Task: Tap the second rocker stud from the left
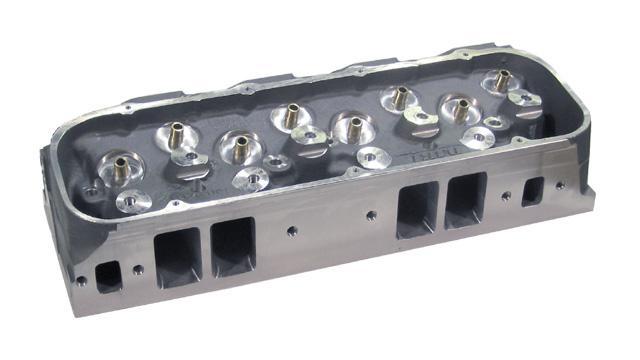[x=175, y=132]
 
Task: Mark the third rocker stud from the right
[x=400, y=97]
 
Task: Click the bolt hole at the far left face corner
[x=81, y=281]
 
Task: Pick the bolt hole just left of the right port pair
[x=370, y=214]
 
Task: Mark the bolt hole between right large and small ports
[x=506, y=196]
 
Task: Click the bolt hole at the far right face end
[x=560, y=185]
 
